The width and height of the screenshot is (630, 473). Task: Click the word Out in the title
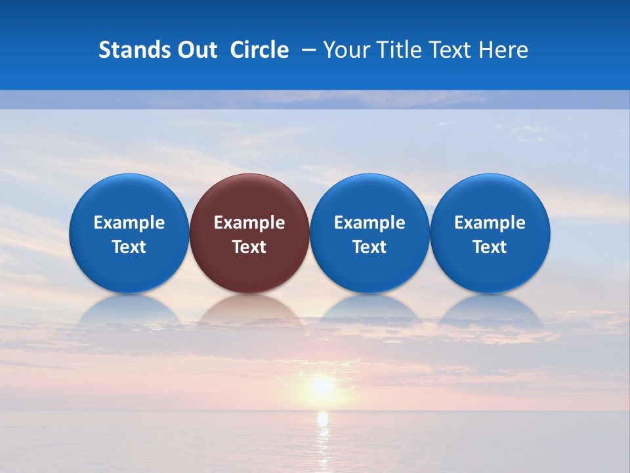(196, 50)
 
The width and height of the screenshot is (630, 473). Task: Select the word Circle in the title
(259, 50)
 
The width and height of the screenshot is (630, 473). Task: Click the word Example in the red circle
(249, 223)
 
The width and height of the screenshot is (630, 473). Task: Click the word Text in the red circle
(249, 247)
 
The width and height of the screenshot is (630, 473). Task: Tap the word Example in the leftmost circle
(129, 223)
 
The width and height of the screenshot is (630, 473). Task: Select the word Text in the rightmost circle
(490, 247)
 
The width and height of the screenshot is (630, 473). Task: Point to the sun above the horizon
(322, 386)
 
